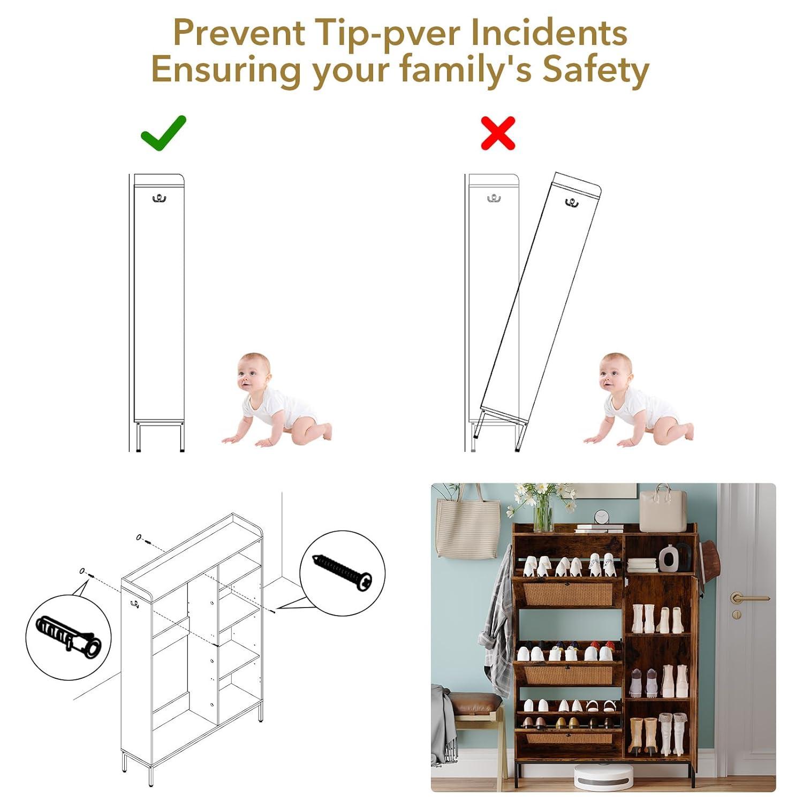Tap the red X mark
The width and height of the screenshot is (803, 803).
tap(498, 133)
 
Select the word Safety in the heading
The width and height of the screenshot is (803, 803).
tap(596, 70)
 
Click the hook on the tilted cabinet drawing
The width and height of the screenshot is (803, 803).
tap(572, 203)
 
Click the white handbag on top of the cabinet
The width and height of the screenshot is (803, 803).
tap(663, 508)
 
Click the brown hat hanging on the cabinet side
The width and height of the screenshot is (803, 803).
tap(708, 565)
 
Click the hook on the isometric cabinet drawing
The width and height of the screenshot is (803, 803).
tap(134, 605)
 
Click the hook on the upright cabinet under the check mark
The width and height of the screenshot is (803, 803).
tap(159, 199)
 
